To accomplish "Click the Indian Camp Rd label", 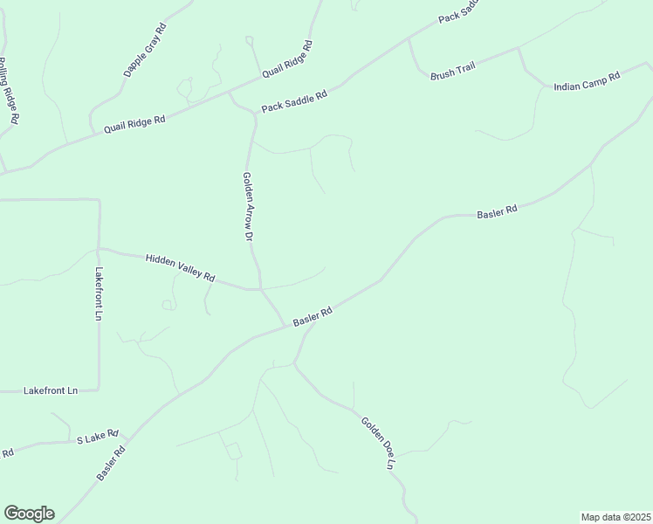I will tap(586, 80).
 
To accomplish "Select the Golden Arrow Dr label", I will tap(247, 206).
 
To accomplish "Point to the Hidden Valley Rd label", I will tap(180, 266).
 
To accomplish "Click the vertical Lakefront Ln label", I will tap(99, 293).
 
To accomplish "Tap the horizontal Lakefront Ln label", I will tap(51, 391).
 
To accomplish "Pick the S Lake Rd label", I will tap(98, 437).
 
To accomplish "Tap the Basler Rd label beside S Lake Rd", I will tap(112, 464).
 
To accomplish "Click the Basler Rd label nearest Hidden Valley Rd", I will tap(313, 316).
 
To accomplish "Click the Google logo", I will tap(29, 514).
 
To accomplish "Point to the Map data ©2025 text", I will tap(616, 516).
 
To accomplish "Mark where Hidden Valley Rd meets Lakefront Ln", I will tap(99, 250).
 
